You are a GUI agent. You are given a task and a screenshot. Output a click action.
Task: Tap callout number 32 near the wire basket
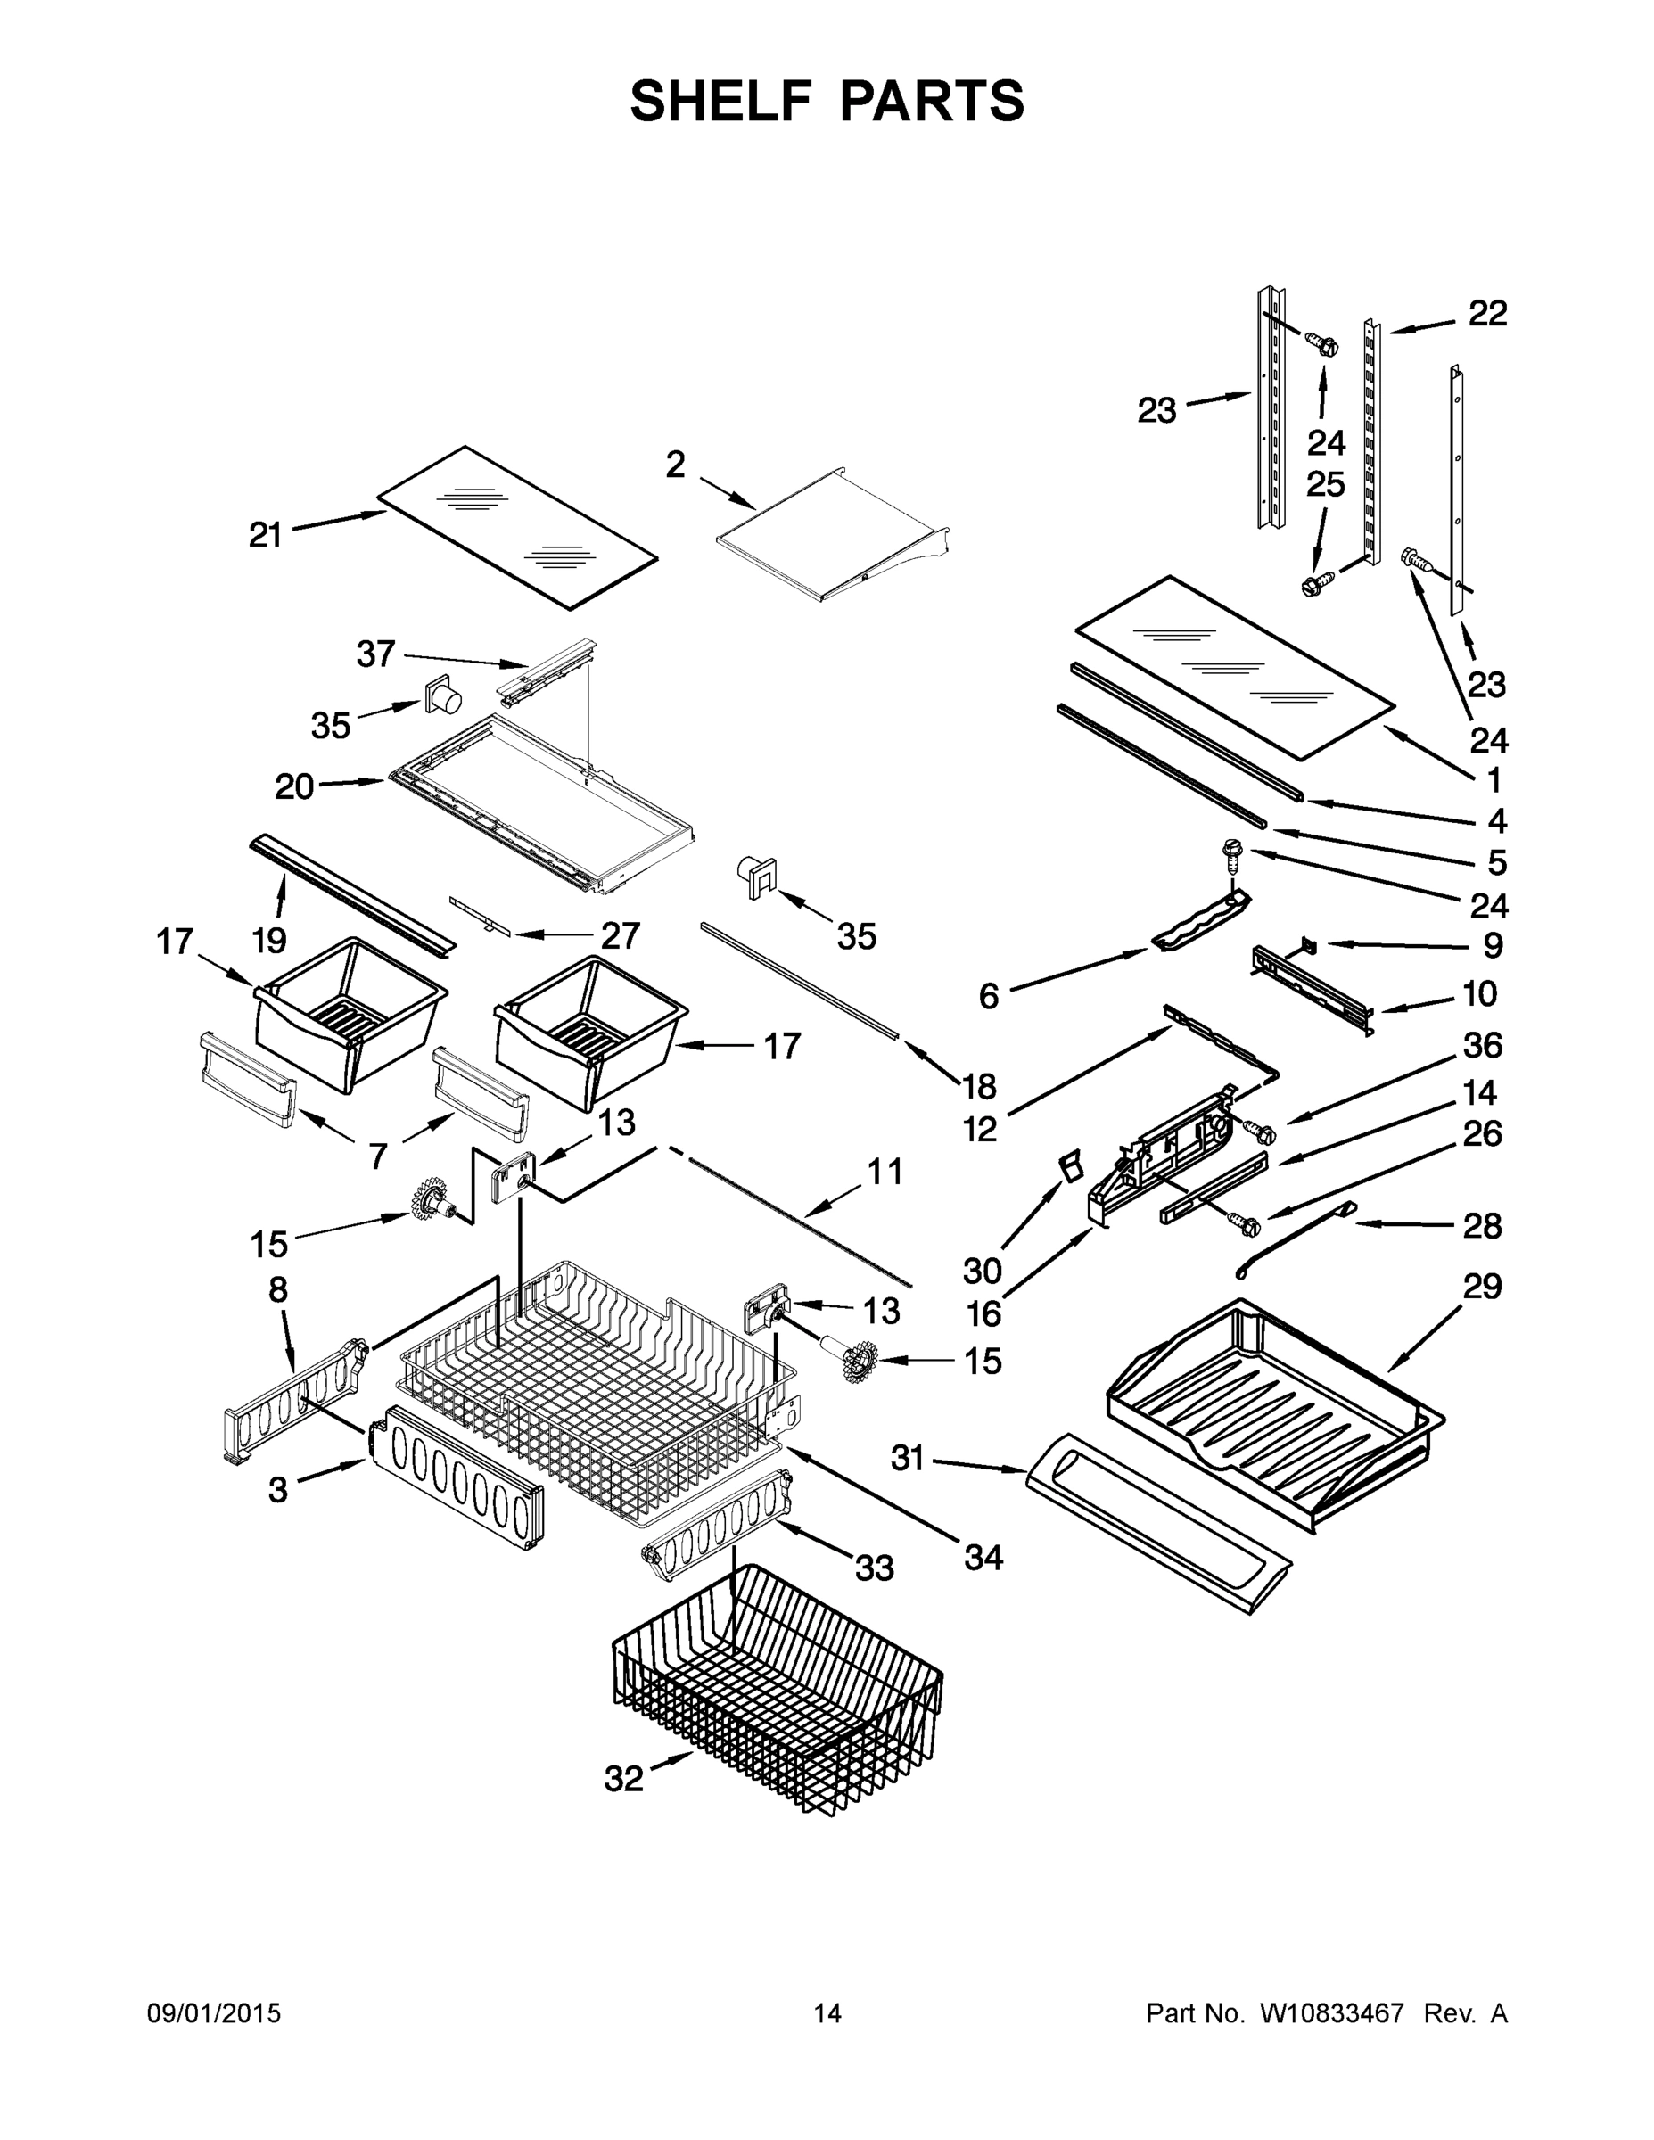click(x=624, y=1779)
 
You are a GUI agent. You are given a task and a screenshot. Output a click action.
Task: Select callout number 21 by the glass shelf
click(x=266, y=535)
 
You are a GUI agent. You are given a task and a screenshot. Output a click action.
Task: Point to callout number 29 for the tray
click(x=1482, y=1286)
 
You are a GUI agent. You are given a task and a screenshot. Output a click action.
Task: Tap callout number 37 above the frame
click(x=375, y=654)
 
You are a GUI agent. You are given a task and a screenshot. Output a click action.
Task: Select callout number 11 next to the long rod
click(x=885, y=1172)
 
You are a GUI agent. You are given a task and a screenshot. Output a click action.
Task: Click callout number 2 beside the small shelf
click(x=675, y=465)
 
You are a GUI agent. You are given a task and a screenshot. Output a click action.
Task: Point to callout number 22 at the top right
click(x=1487, y=314)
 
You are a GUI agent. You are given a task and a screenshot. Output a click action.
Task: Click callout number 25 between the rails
click(x=1326, y=484)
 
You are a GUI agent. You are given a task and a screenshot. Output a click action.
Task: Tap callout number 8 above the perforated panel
click(x=278, y=1289)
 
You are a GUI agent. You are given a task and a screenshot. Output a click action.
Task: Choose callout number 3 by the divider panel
click(x=278, y=1490)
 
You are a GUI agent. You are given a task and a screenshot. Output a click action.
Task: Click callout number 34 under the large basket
click(x=983, y=1558)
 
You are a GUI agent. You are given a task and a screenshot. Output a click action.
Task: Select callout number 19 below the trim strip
click(x=269, y=941)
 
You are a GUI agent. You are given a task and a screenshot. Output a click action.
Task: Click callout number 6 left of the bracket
click(x=989, y=997)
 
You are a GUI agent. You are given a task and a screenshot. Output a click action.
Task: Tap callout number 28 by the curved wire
click(x=1482, y=1226)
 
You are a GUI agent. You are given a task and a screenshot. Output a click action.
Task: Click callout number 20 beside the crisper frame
click(x=294, y=786)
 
